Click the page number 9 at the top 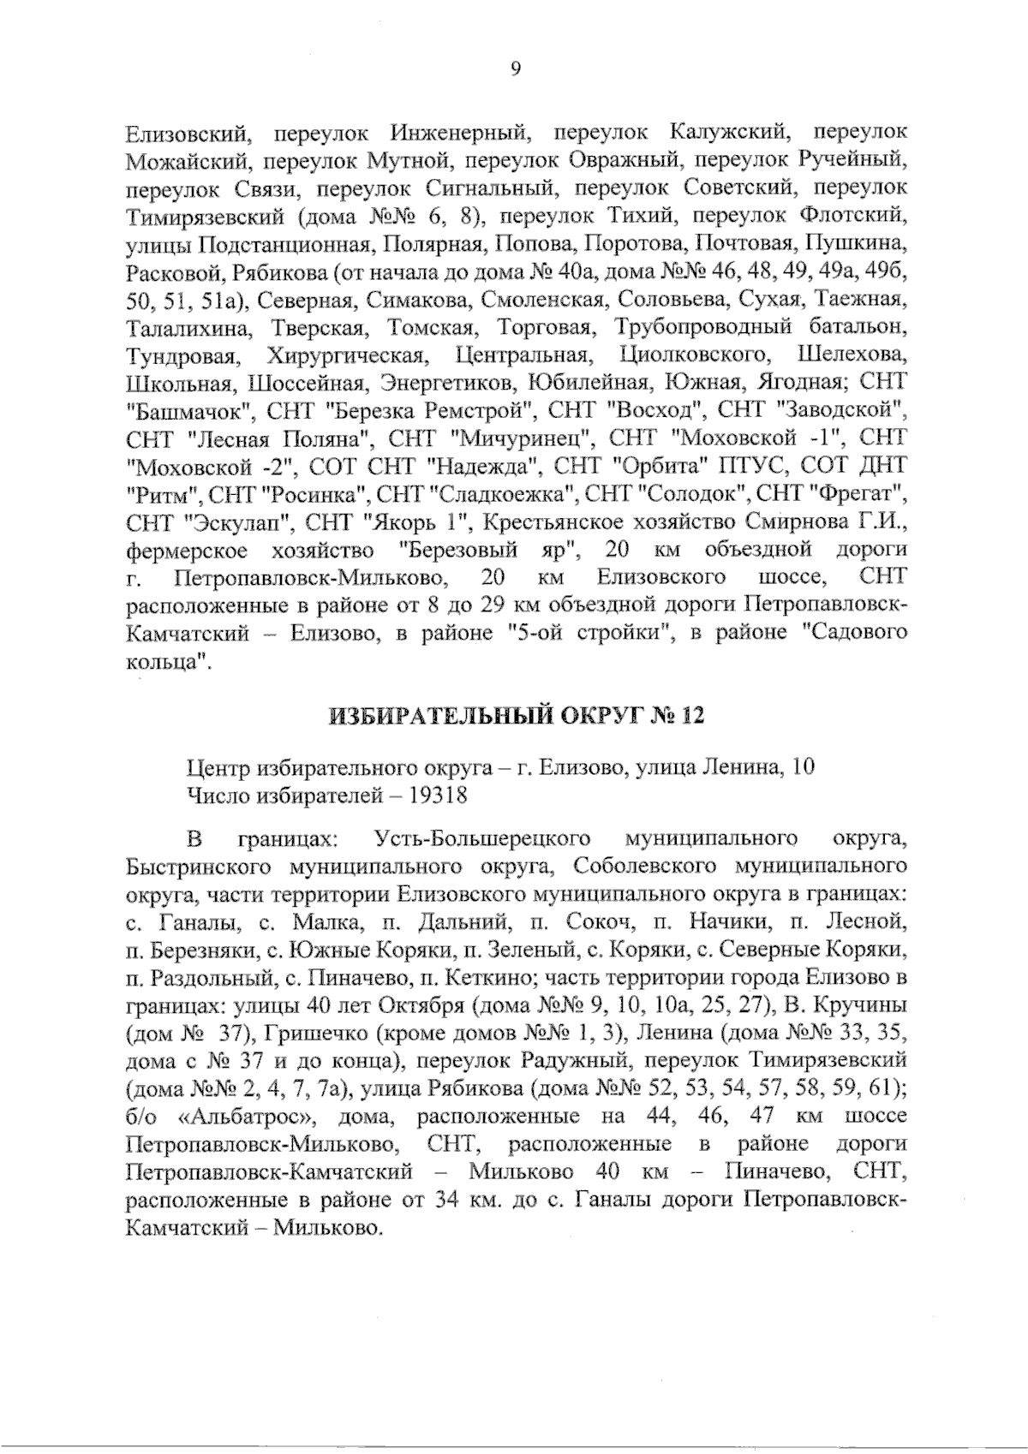pyautogui.click(x=515, y=69)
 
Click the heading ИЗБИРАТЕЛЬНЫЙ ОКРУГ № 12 pyautogui.click(x=515, y=716)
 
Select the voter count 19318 pyautogui.click(x=438, y=795)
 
